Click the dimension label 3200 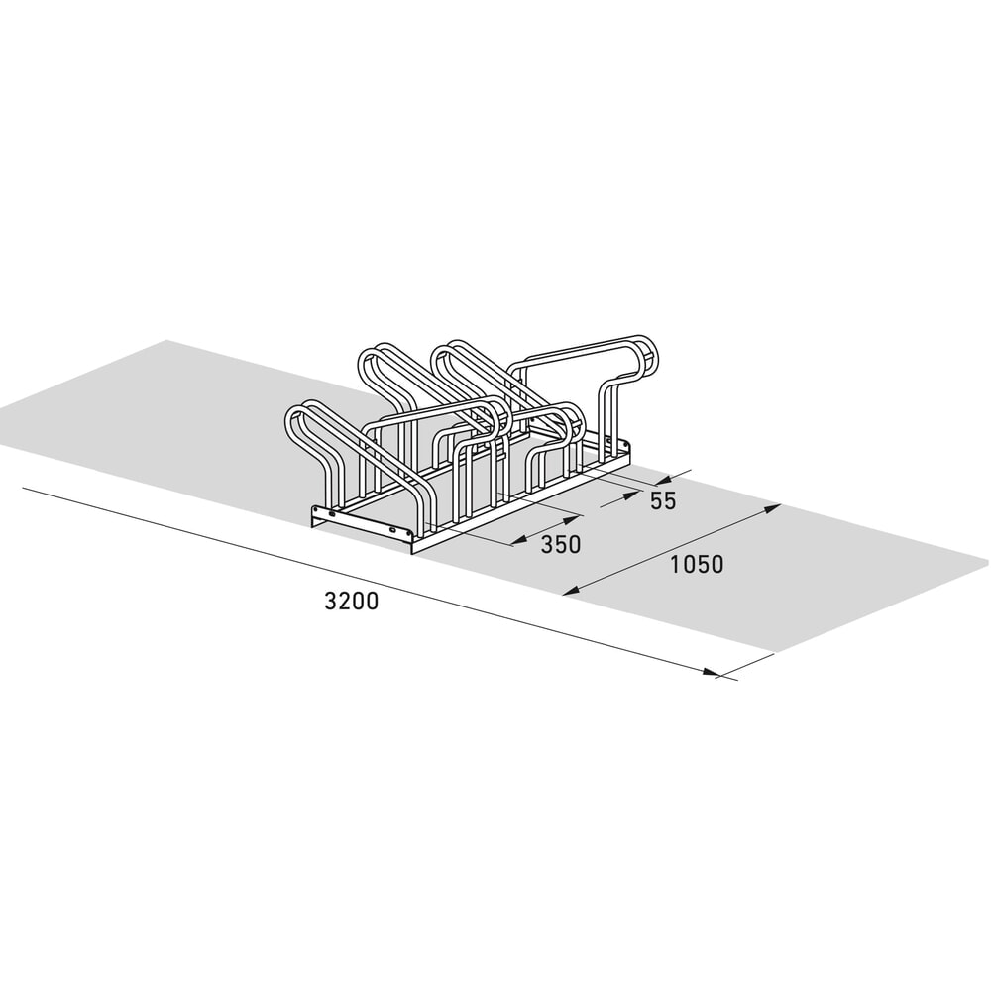pos(352,601)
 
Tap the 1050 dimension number pos(697,565)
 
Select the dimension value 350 pos(561,544)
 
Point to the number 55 pos(663,500)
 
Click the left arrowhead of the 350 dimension pos(519,540)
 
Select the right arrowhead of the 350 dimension pos(572,519)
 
